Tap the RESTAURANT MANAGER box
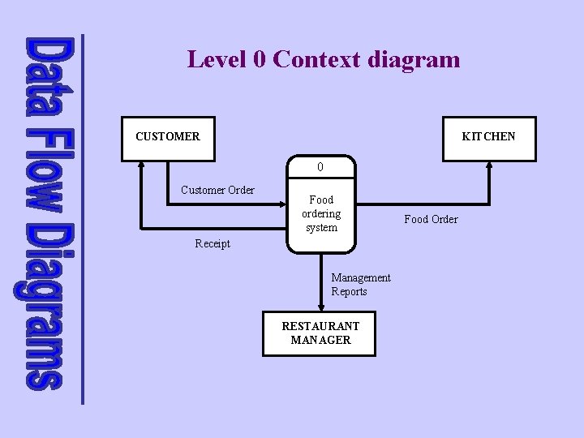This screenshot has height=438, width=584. click(x=320, y=333)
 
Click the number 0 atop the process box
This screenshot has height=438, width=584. click(x=321, y=167)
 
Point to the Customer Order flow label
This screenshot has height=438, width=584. click(x=217, y=191)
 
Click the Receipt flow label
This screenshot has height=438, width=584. click(x=213, y=243)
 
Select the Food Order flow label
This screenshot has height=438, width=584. click(x=431, y=219)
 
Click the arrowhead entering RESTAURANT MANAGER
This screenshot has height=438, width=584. click(x=321, y=307)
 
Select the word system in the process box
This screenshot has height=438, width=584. click(x=321, y=228)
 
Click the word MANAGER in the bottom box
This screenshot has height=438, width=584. click(x=320, y=340)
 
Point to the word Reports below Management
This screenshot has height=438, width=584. click(x=349, y=291)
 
